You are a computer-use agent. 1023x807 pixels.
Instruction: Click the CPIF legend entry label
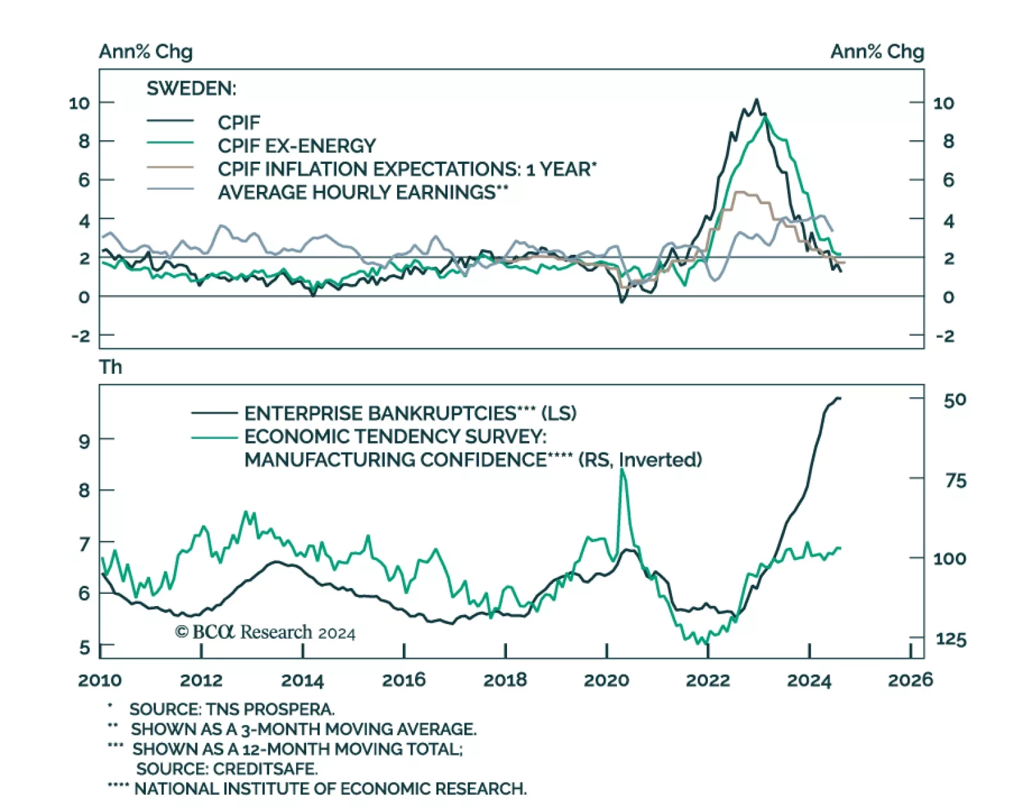238,122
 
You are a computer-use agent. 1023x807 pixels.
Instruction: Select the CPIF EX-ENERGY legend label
297,146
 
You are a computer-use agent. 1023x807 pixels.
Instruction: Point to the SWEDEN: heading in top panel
191,88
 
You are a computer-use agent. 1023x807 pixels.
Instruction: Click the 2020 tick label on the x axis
606,680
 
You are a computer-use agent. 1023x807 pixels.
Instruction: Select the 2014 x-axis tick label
302,680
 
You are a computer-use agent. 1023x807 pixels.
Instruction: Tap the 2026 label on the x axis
910,680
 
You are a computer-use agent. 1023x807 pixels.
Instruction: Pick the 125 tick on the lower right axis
951,639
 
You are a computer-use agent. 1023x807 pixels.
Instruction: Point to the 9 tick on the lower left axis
84,440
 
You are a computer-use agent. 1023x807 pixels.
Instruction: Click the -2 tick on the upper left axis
81,336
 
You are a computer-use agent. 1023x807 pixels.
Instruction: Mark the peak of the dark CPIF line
757,100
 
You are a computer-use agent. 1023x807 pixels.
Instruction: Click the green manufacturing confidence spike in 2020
622,470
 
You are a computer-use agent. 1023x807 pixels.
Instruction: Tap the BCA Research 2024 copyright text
265,632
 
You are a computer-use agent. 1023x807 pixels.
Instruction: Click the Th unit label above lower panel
110,367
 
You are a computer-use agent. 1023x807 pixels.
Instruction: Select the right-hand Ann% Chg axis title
877,52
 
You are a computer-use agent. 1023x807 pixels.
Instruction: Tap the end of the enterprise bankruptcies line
839,398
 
